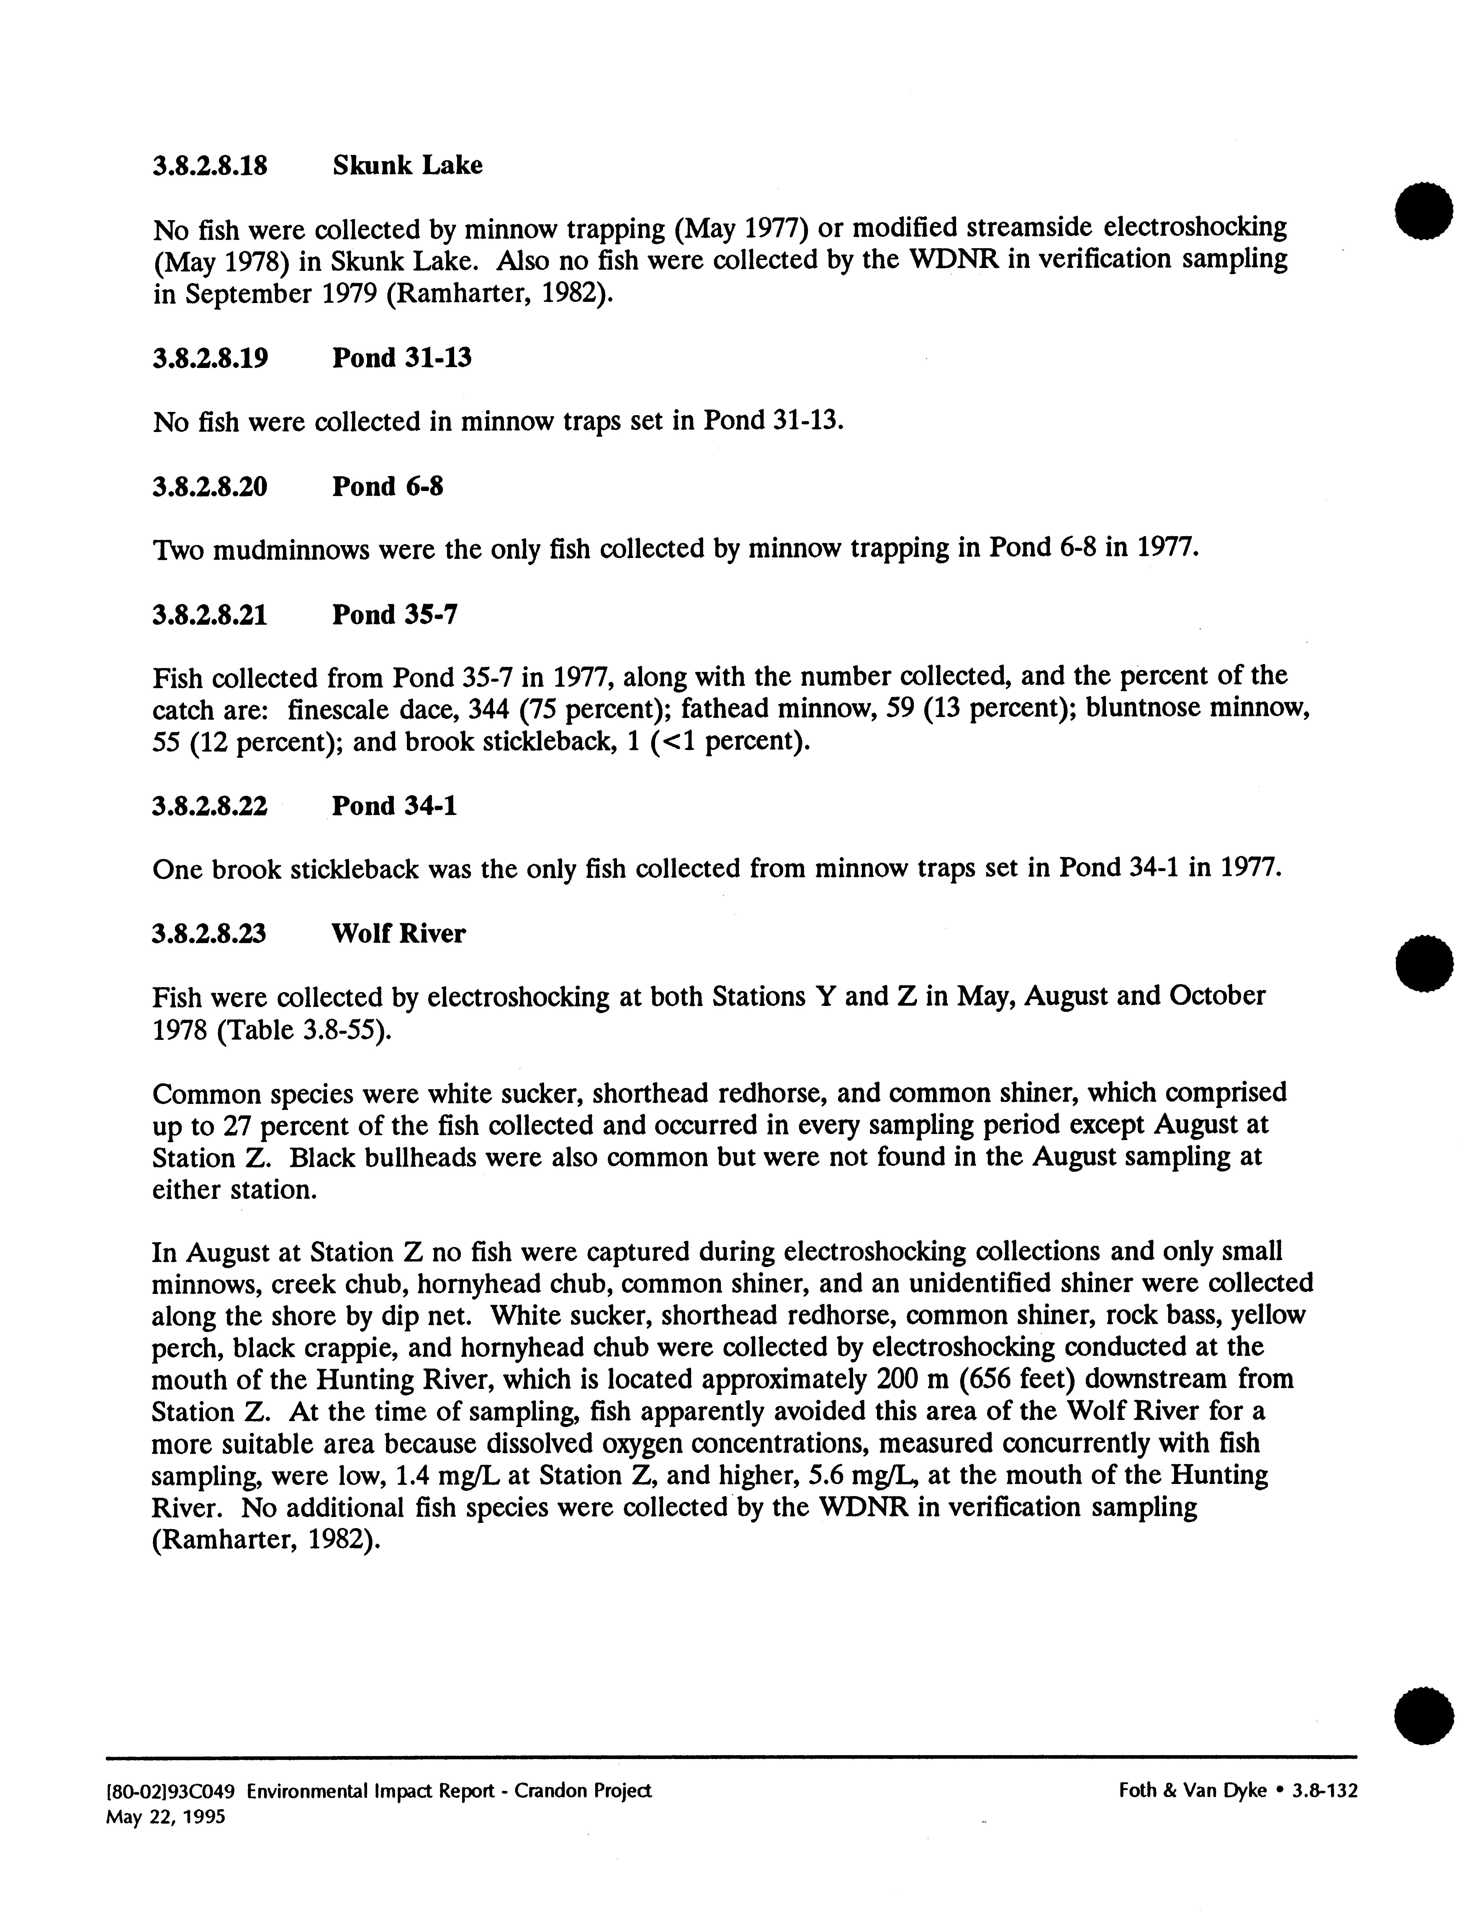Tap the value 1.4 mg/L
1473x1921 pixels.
pyautogui.click(x=448, y=1476)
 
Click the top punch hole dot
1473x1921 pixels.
pyautogui.click(x=1423, y=211)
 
